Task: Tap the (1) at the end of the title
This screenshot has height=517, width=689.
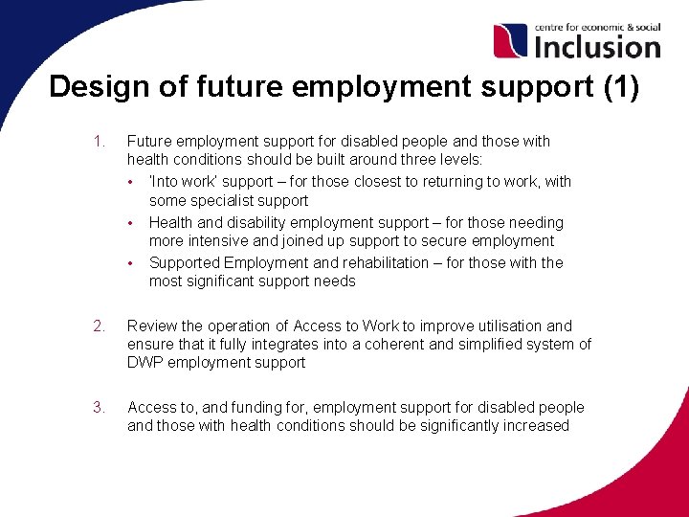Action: click(622, 87)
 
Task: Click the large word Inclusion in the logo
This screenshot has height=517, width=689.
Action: click(596, 45)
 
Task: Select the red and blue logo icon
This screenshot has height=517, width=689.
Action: click(510, 41)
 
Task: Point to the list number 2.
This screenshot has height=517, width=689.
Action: click(100, 326)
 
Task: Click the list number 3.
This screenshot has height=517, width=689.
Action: click(100, 407)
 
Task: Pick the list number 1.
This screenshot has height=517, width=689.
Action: click(99, 142)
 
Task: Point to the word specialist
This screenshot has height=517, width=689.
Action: click(230, 201)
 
